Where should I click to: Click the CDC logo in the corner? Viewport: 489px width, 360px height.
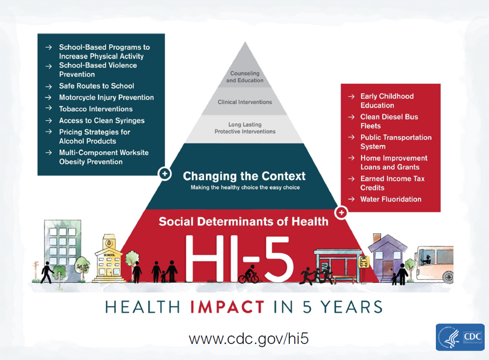[460, 337]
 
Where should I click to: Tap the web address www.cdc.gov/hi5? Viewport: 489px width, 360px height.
[249, 338]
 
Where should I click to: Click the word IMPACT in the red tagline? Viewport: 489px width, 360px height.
[227, 307]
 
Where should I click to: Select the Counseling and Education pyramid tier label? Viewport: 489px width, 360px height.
[245, 77]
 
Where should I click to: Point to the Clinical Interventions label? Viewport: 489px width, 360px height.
[245, 102]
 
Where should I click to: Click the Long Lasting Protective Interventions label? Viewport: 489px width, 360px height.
[245, 128]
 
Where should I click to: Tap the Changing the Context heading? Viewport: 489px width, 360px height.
[244, 176]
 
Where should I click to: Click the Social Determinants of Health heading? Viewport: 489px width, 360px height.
[243, 221]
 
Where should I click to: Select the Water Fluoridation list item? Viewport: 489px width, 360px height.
[391, 199]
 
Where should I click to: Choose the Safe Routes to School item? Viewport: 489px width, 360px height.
[97, 86]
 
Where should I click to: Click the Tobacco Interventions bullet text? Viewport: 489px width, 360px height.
[96, 109]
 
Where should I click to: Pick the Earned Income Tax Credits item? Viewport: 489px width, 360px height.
[392, 183]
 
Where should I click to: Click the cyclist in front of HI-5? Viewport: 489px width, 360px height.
[249, 274]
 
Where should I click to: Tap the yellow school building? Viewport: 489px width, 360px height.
[109, 258]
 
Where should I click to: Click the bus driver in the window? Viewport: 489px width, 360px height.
[426, 260]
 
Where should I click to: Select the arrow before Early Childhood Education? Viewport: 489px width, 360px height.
[351, 97]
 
